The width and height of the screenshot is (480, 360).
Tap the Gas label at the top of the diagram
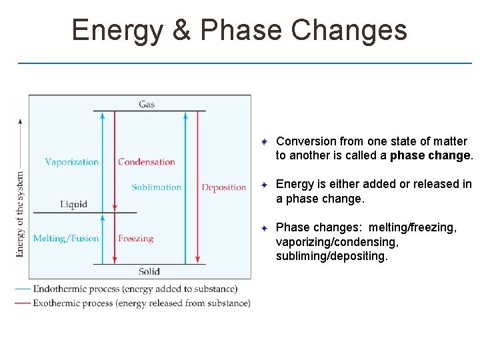click(x=147, y=104)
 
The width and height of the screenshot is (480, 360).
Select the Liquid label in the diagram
click(x=73, y=204)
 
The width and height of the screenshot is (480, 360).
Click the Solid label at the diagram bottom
click(x=149, y=271)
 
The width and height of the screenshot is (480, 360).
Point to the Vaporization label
click(x=71, y=162)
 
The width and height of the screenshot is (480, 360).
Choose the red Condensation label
click(x=146, y=162)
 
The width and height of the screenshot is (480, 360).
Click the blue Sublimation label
click(x=156, y=187)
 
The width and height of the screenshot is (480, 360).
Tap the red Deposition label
click(x=224, y=187)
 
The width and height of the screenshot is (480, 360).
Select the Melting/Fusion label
click(x=65, y=238)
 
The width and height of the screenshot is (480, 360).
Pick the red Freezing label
click(x=135, y=238)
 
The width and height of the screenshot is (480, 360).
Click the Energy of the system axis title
click(x=20, y=214)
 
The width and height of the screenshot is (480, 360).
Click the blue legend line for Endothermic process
click(x=23, y=289)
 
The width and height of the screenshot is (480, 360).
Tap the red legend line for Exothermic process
click(x=23, y=303)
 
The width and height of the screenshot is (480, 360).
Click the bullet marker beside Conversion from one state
click(x=264, y=142)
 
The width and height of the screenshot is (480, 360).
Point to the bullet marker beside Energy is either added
click(x=264, y=185)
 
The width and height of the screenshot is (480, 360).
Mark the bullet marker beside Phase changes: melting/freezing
click(x=264, y=229)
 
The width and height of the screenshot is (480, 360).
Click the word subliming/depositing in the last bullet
click(x=331, y=256)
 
